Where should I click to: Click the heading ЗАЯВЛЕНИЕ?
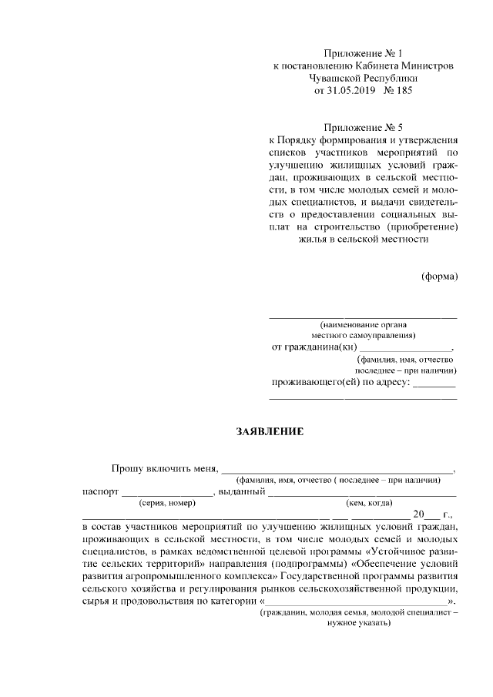(x=270, y=432)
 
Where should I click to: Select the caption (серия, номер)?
(x=167, y=503)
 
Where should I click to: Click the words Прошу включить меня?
(x=165, y=467)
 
